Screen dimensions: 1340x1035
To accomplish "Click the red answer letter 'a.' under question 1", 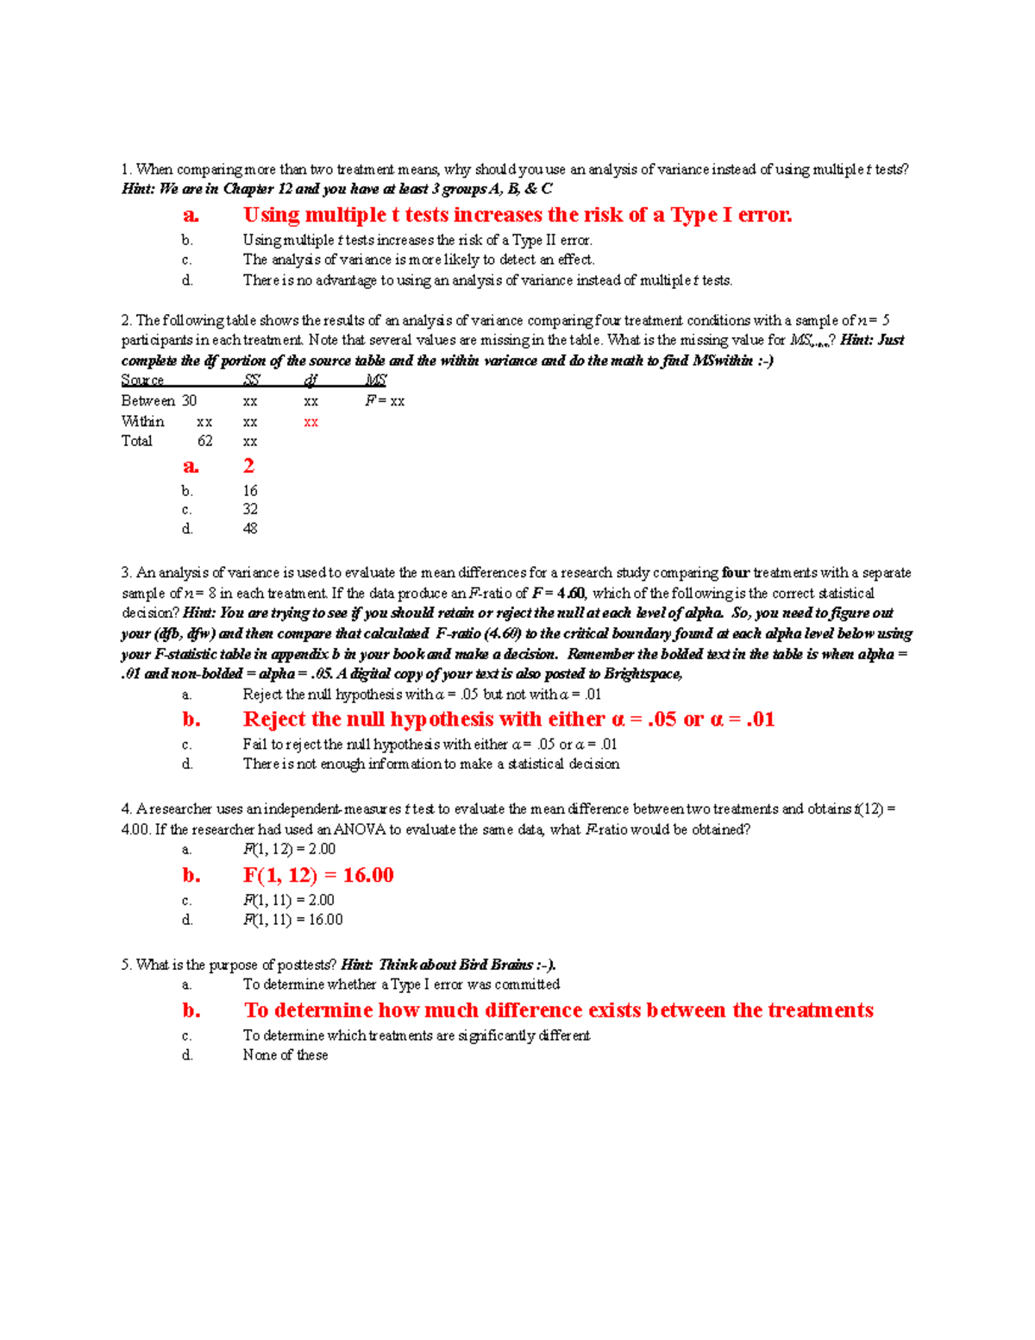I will (x=191, y=216).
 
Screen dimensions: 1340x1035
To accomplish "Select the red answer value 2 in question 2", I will (x=248, y=466).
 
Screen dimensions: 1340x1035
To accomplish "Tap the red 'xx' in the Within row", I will (x=310, y=422).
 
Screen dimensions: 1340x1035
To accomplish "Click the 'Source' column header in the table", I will (x=142, y=380).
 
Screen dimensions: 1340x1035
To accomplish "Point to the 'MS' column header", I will (x=375, y=380).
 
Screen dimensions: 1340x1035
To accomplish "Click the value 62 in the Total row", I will (x=204, y=441).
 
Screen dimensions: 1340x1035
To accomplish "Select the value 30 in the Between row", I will (x=189, y=400).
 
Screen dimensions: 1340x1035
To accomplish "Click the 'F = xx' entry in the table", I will (x=385, y=400).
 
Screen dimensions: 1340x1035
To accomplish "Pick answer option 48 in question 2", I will (x=250, y=528).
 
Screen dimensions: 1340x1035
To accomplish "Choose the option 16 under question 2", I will (x=250, y=490).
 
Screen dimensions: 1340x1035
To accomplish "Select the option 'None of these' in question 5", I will (x=285, y=1054).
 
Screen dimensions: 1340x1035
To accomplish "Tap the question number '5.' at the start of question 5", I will (x=127, y=965).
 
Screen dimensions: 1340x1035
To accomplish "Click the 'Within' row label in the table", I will (x=142, y=422).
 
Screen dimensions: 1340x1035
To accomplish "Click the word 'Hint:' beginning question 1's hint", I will (x=138, y=189).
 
